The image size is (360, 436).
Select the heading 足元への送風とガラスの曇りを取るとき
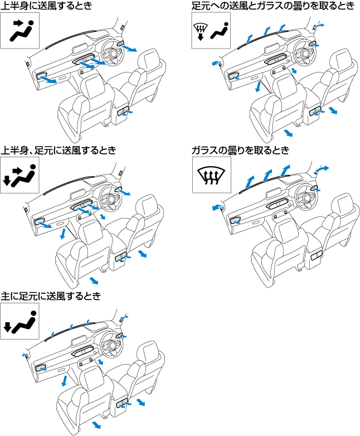coord(272,6)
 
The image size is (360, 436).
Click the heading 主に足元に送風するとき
coord(51,295)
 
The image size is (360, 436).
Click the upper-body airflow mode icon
coord(20,31)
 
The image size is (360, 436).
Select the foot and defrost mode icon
coord(211,31)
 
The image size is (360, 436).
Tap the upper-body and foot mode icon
coord(20,175)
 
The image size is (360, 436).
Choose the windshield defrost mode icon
coord(211,175)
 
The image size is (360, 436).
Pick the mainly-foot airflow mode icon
coord(20,321)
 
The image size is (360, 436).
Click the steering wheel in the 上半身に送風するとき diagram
coord(112,52)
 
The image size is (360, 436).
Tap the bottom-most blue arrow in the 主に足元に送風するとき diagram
coord(96,425)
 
